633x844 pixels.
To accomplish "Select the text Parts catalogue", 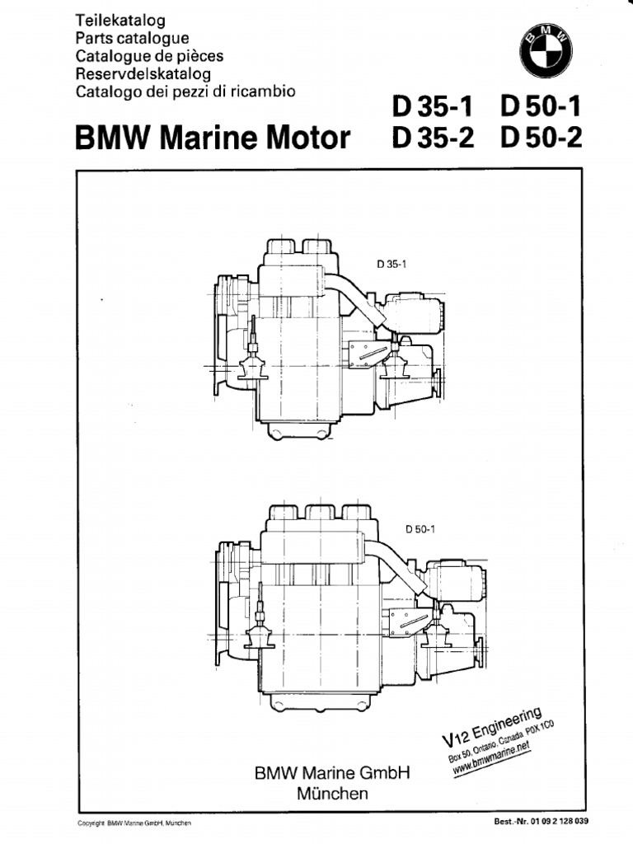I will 132,37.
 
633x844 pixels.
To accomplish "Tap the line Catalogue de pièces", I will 149,55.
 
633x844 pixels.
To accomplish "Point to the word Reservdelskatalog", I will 143,73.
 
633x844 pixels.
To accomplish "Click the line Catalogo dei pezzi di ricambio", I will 185,91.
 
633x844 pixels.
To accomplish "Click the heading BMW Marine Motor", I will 213,138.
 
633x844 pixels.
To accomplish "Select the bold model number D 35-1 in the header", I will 434,109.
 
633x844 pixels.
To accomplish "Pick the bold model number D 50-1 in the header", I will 541,109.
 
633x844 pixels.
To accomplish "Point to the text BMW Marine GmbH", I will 331,774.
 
